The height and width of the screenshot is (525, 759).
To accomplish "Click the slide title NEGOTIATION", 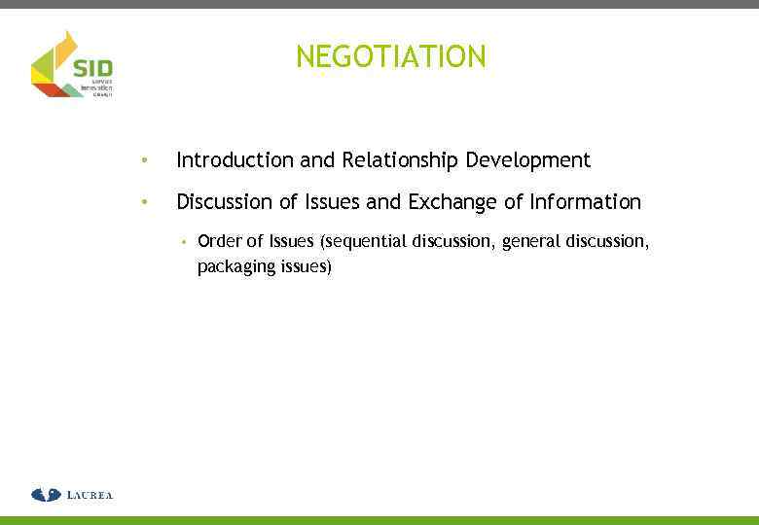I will pos(390,57).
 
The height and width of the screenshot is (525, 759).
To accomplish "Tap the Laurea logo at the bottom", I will pos(72,495).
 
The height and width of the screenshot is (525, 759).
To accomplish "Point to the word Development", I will pos(528,159).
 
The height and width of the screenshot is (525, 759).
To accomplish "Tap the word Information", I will pos(586,202).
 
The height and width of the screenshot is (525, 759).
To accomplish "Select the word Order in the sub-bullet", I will pos(219,241).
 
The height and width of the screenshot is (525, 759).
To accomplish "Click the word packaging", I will pos(237,266).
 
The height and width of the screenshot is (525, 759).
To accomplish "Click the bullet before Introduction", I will pos(143,159).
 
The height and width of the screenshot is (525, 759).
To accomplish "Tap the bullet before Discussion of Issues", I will pos(143,202).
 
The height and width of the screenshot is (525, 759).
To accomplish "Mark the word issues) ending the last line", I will pos(307,266).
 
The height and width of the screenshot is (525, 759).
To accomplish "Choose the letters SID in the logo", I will pos(93,68).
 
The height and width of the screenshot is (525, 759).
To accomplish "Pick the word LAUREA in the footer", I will pos(90,496).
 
